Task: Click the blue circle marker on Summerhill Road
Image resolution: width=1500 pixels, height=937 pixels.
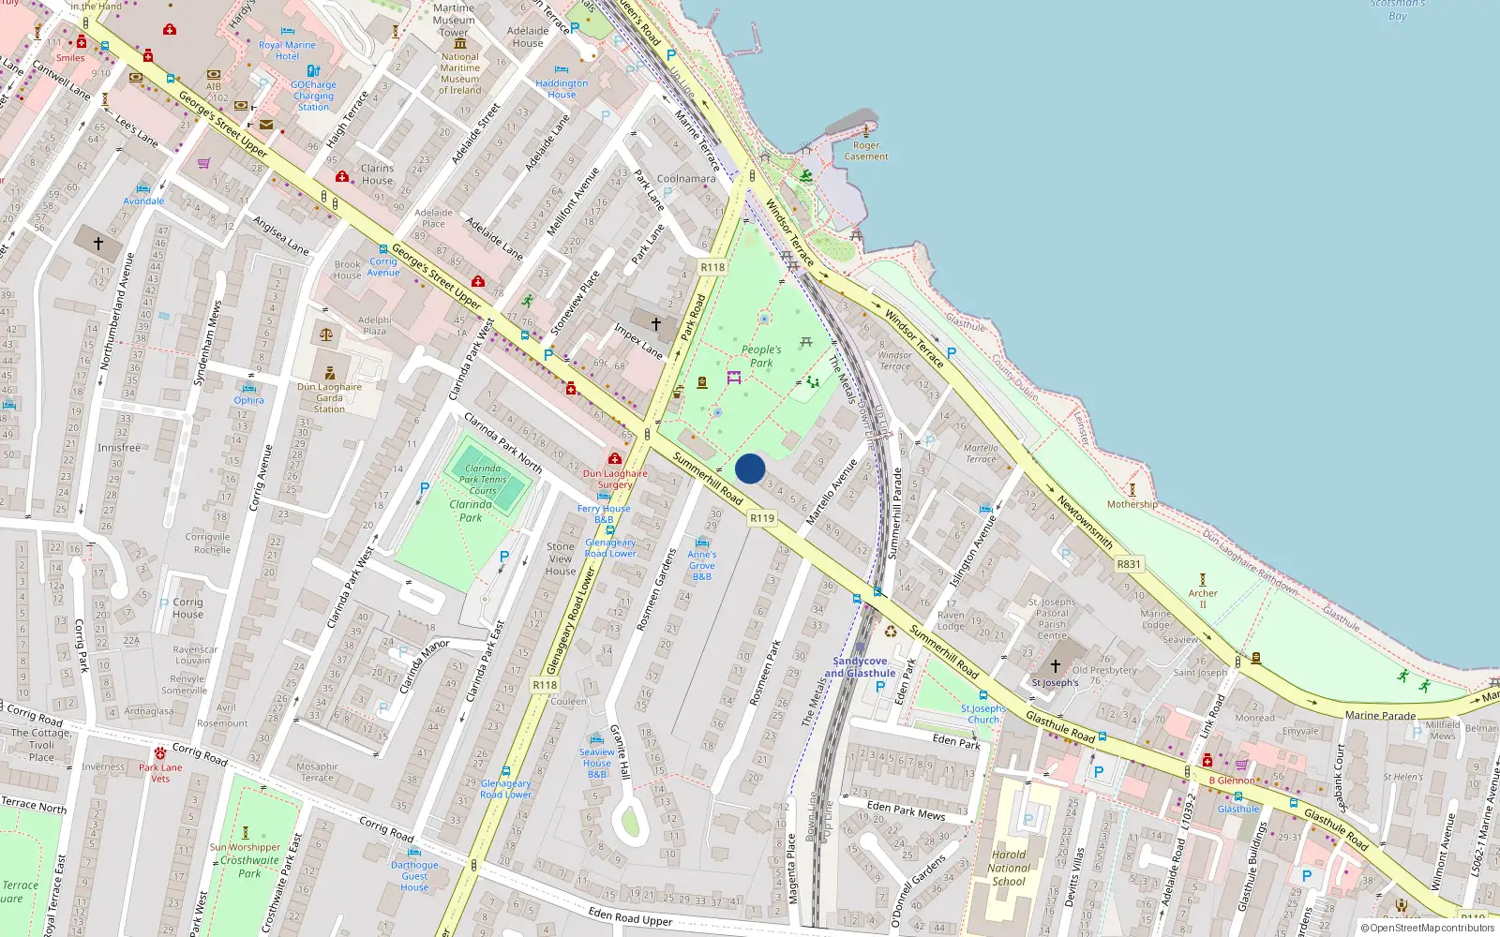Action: (x=750, y=468)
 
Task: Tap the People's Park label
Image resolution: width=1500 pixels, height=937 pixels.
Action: (x=761, y=356)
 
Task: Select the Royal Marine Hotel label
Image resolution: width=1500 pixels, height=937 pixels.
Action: (x=287, y=51)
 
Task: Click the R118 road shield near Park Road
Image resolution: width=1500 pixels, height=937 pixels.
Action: (x=712, y=267)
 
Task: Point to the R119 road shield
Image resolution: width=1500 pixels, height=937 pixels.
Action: (x=762, y=518)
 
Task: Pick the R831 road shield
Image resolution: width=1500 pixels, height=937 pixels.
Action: (x=1129, y=564)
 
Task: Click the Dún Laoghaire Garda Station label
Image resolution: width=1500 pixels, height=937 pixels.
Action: (x=329, y=397)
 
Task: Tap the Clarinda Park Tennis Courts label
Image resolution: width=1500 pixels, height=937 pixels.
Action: (x=483, y=479)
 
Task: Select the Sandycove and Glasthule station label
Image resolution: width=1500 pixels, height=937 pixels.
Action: (x=860, y=667)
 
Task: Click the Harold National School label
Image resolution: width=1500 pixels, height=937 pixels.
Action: (x=1009, y=868)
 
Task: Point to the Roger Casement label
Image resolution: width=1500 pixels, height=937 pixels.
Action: (x=866, y=151)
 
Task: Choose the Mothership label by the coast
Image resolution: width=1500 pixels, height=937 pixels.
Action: (x=1132, y=504)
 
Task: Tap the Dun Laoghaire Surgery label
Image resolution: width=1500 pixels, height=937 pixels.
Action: (x=615, y=479)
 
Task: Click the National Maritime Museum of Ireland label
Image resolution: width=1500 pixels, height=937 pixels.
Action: (x=460, y=73)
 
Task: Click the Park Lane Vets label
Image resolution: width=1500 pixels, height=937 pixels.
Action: (x=160, y=773)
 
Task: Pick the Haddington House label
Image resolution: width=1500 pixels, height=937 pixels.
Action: (x=562, y=89)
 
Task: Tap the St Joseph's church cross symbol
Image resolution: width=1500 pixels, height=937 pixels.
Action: (x=1055, y=666)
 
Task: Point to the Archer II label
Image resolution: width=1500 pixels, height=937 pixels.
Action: (x=1203, y=598)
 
